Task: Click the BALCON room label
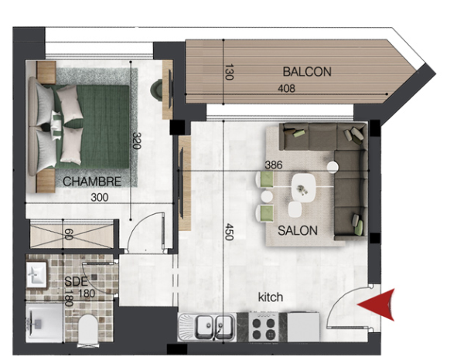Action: coord(307,72)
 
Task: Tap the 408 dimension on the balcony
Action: coord(286,88)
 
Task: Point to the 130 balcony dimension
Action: coord(229,72)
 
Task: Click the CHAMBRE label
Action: coord(92,182)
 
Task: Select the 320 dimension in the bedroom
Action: coord(136,141)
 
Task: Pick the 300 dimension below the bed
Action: coord(100,198)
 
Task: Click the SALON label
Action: coord(298,231)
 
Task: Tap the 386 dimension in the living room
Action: coord(274,165)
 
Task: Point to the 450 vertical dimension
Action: coord(229,232)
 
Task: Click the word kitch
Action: coord(271,297)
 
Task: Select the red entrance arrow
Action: coord(376,305)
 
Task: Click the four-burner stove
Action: coord(264,327)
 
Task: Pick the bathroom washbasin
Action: coord(36,275)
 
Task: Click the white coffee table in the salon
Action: coord(303,188)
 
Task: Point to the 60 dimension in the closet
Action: coord(69,235)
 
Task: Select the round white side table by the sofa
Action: coord(333,167)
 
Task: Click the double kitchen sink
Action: coord(215,326)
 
